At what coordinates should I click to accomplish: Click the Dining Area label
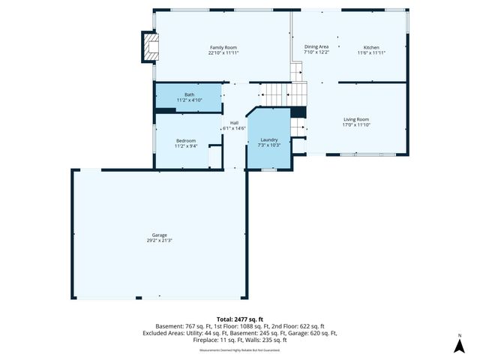tap(316, 47)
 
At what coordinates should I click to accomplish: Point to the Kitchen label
tap(371, 47)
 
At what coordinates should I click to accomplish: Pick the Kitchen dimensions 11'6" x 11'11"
tap(371, 53)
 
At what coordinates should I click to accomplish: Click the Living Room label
tap(356, 119)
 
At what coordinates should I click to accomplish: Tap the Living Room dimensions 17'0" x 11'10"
tap(356, 125)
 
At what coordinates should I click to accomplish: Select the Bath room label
tap(188, 94)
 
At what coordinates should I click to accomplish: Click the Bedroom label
tap(186, 140)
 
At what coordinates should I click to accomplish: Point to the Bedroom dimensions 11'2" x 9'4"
tap(186, 146)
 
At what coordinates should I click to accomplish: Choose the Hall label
tap(234, 122)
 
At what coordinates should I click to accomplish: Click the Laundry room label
tap(269, 139)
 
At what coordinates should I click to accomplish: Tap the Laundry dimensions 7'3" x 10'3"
tap(269, 145)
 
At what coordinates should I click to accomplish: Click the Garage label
tap(158, 235)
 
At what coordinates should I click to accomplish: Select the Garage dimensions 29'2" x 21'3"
tap(158, 241)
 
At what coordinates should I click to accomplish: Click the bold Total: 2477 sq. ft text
tap(240, 319)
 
